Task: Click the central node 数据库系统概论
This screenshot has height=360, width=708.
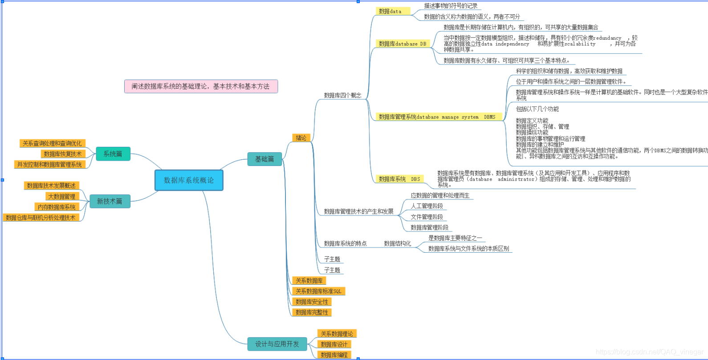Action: [x=189, y=180]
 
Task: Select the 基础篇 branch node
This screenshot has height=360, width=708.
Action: [x=264, y=159]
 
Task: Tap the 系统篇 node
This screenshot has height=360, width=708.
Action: [x=113, y=154]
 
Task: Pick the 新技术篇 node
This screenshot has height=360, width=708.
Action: [x=110, y=201]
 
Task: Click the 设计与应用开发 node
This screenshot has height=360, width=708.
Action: [x=277, y=344]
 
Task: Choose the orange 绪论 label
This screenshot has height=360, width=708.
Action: [x=301, y=138]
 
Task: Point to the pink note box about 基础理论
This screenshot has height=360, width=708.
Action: [x=201, y=86]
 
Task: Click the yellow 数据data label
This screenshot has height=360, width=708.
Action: [x=390, y=11]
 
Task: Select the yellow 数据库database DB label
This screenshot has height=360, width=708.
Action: [x=403, y=44]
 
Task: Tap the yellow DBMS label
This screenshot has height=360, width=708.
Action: [x=437, y=117]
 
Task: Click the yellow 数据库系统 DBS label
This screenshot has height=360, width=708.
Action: [x=399, y=179]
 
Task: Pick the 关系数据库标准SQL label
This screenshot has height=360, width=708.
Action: [x=318, y=291]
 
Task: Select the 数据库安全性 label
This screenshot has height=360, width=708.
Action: [x=312, y=302]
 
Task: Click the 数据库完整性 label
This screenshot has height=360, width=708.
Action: [x=312, y=312]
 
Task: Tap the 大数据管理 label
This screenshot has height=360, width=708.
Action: [x=61, y=196]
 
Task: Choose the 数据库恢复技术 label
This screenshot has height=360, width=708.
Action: [x=63, y=154]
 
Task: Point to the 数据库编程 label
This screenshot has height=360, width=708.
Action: [x=334, y=355]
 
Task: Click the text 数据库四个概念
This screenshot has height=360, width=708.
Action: [x=342, y=95]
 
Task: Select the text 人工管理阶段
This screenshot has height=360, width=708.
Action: [x=427, y=206]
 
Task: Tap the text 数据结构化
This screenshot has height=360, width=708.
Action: [x=397, y=243]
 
